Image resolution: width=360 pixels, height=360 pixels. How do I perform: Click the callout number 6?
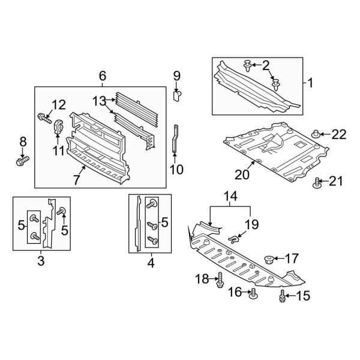pyautogui.click(x=102, y=76)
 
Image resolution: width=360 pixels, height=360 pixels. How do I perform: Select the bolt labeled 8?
pyautogui.click(x=22, y=161)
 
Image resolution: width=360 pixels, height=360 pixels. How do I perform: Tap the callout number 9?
pyautogui.click(x=177, y=76)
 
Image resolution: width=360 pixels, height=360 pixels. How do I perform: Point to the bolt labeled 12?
pyautogui.click(x=44, y=116)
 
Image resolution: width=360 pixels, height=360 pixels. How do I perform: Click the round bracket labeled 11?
pyautogui.click(x=59, y=128)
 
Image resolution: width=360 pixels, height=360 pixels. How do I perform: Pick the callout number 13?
pyautogui.click(x=99, y=101)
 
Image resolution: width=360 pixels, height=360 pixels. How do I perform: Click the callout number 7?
pyautogui.click(x=76, y=179)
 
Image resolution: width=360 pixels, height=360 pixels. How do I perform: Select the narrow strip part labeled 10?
pyautogui.click(x=175, y=139)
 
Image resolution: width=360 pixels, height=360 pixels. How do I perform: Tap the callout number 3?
pyautogui.click(x=41, y=261)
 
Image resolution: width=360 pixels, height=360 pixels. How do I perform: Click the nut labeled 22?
pyautogui.click(x=316, y=134)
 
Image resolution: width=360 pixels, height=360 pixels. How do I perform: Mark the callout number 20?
pyautogui.click(x=241, y=174)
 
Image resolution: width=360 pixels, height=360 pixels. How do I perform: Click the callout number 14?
pyautogui.click(x=230, y=196)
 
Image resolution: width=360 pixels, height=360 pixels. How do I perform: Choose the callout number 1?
pyautogui.click(x=310, y=82)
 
